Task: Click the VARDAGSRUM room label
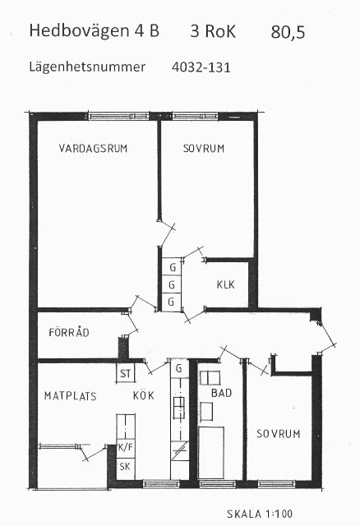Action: [93, 148]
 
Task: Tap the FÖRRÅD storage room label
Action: [69, 332]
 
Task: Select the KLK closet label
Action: [225, 285]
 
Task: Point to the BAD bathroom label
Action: [221, 393]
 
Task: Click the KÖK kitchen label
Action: [144, 395]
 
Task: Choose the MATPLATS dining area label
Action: [71, 396]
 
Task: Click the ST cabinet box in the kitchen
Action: [126, 373]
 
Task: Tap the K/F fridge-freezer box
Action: [126, 448]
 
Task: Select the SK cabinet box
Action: [126, 467]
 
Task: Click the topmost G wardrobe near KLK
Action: [172, 267]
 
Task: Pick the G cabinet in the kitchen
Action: [179, 368]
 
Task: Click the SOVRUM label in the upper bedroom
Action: [204, 148]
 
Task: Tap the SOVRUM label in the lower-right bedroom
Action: [278, 434]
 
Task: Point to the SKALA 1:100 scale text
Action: [260, 514]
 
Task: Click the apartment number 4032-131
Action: [201, 67]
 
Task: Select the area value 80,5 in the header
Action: [288, 32]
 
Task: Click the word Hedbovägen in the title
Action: [79, 31]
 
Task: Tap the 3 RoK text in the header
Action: [213, 31]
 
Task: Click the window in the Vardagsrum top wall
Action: [118, 117]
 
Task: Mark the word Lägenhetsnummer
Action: [87, 67]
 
